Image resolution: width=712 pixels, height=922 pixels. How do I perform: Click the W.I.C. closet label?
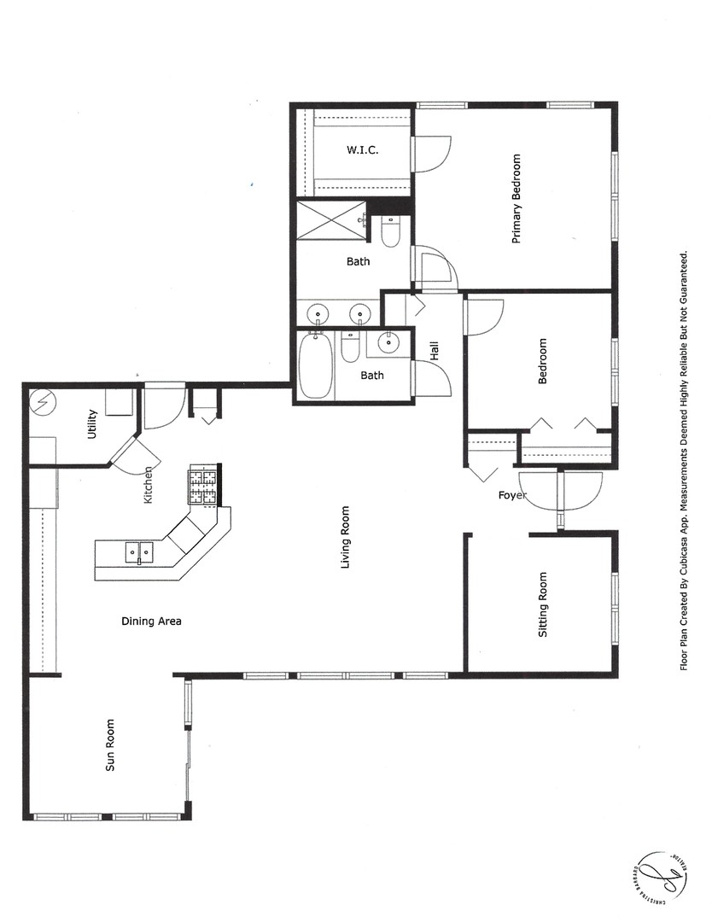point(362,150)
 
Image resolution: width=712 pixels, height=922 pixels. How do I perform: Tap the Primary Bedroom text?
point(516,199)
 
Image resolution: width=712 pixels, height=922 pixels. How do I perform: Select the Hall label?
point(434,350)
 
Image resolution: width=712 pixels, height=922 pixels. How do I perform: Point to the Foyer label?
point(512,495)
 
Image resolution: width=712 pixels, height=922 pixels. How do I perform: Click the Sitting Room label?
point(542,605)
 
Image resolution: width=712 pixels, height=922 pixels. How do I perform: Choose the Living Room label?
point(345,538)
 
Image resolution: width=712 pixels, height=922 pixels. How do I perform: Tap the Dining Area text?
point(151,621)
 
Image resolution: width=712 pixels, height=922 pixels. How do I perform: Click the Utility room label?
point(92,424)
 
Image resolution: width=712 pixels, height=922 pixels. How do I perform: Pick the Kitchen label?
point(148,484)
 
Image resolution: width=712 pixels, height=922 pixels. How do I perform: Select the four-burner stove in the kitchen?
point(203,486)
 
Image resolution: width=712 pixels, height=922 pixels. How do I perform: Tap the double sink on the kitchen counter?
point(138,553)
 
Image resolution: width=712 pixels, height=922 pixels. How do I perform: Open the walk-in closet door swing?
point(429,154)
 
